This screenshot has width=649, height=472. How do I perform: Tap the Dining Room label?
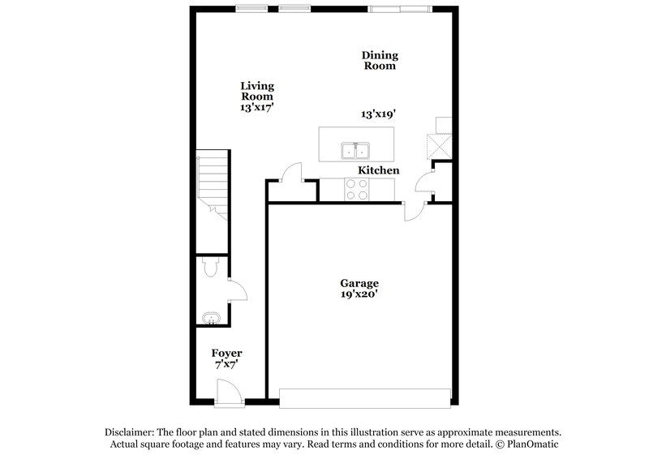click(380, 61)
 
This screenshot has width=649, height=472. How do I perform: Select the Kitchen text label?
click(379, 171)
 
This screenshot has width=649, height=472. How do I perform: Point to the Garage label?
click(359, 284)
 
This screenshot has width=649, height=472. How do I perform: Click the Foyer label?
click(227, 354)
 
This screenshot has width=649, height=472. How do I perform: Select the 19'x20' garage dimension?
click(359, 296)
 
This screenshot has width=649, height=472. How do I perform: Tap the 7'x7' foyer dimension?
click(227, 366)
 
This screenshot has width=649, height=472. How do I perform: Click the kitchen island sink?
click(355, 151)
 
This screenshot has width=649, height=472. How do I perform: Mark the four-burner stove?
click(355, 190)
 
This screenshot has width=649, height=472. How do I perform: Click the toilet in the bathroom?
click(208, 267)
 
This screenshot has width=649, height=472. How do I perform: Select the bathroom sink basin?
click(209, 317)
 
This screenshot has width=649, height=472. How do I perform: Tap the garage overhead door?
click(363, 397)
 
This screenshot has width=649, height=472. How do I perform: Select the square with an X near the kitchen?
click(443, 145)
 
